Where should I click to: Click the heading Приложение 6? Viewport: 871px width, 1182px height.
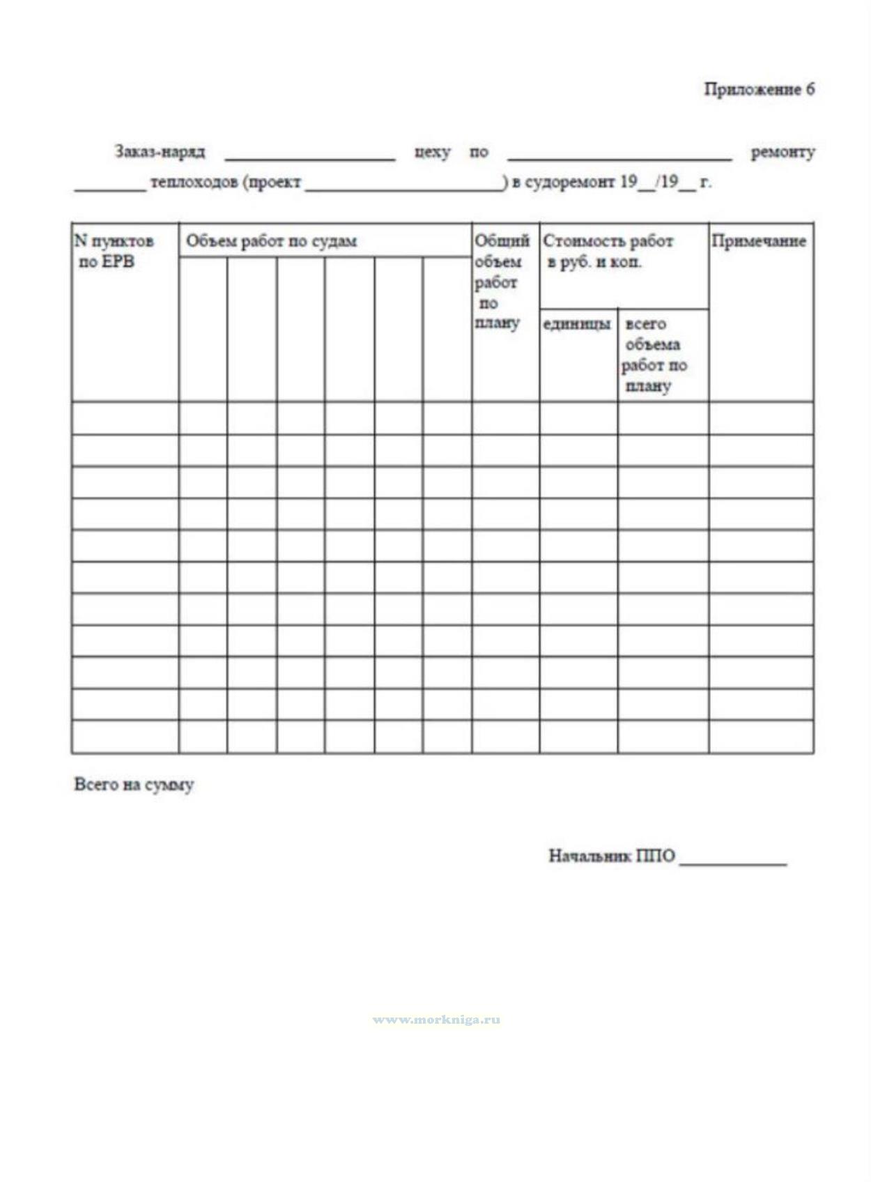point(759,89)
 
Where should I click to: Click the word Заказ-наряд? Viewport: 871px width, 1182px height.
point(160,152)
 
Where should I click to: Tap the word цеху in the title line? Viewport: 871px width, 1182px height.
point(432,152)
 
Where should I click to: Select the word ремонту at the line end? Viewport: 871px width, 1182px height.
point(783,152)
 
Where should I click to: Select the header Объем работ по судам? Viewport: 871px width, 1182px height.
point(271,242)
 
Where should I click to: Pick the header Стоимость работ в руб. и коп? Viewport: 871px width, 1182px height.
point(608,252)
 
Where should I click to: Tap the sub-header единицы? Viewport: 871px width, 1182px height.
point(577,324)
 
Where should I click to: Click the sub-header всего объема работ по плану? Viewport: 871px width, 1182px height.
point(654,355)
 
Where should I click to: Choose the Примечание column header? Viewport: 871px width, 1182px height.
point(759,241)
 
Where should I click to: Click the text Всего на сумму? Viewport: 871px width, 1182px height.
point(134,785)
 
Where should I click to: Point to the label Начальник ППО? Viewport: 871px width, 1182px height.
point(611,856)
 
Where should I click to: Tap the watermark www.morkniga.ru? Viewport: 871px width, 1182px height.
point(436,1020)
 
